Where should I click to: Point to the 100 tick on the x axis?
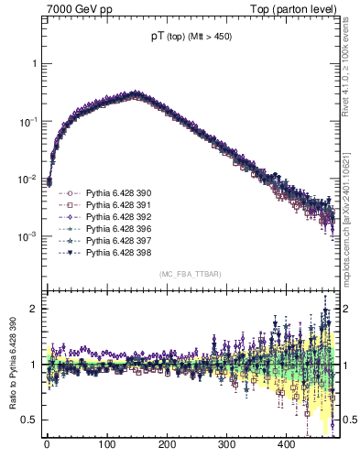[x=106, y=444]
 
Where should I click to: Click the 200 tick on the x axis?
[x=167, y=444]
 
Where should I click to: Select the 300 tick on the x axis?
[x=226, y=444]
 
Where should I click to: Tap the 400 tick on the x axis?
[x=286, y=444]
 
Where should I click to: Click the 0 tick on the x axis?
[x=47, y=444]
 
